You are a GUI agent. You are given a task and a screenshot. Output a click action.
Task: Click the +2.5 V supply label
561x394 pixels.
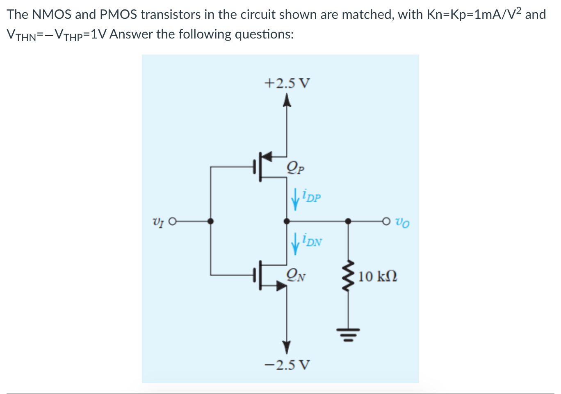pyautogui.click(x=287, y=83)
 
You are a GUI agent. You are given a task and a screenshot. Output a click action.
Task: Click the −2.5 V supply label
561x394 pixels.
pyautogui.click(x=287, y=365)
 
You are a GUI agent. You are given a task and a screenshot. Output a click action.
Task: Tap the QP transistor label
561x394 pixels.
pyautogui.click(x=296, y=167)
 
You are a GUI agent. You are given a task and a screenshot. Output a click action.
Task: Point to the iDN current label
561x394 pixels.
pyautogui.click(x=312, y=240)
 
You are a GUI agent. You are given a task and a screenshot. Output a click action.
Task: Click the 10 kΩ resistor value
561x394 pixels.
pyautogui.click(x=377, y=276)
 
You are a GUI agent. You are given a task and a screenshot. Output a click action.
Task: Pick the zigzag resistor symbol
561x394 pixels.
pyautogui.click(x=348, y=276)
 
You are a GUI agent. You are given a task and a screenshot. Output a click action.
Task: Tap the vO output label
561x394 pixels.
pyautogui.click(x=402, y=222)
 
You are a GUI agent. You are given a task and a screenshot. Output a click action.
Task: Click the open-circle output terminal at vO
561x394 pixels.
pyautogui.click(x=386, y=222)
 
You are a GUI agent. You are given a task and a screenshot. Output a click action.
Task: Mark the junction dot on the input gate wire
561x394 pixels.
pyautogui.click(x=210, y=222)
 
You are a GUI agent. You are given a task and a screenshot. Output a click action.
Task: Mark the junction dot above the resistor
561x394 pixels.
pyautogui.click(x=348, y=222)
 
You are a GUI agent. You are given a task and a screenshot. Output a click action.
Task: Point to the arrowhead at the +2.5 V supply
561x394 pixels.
pyautogui.click(x=287, y=101)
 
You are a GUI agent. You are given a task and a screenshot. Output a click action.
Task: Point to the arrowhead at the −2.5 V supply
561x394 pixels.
pyautogui.click(x=287, y=346)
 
